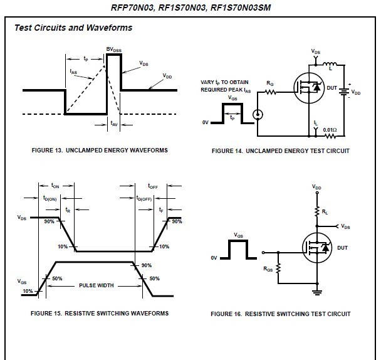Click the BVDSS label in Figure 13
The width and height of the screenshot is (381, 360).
point(113,50)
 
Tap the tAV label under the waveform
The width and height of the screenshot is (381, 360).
point(114,124)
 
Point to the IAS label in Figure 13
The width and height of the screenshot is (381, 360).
point(73,71)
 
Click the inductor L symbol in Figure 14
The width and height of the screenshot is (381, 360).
point(330,64)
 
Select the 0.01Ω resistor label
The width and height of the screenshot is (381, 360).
point(330,130)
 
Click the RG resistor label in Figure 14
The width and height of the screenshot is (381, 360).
point(270,83)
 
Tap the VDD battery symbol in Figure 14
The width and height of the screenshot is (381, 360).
point(344,92)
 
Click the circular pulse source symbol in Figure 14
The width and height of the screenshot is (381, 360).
point(258,115)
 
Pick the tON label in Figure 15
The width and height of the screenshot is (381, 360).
point(55,186)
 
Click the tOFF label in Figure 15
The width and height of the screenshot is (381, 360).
point(153,186)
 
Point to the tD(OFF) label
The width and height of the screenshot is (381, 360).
point(144,198)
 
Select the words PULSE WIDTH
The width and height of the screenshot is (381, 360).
point(97,285)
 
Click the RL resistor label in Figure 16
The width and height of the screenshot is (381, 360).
point(325,212)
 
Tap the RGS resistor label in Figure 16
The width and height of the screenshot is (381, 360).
point(268,269)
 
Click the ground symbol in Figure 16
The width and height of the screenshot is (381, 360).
point(317,292)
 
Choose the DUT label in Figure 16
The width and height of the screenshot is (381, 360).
point(342,248)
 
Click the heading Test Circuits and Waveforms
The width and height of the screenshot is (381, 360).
point(73,28)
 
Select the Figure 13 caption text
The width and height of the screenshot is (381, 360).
point(100,151)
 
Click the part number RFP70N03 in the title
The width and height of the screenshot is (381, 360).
point(132,8)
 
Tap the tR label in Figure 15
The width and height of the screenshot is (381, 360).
point(68,209)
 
